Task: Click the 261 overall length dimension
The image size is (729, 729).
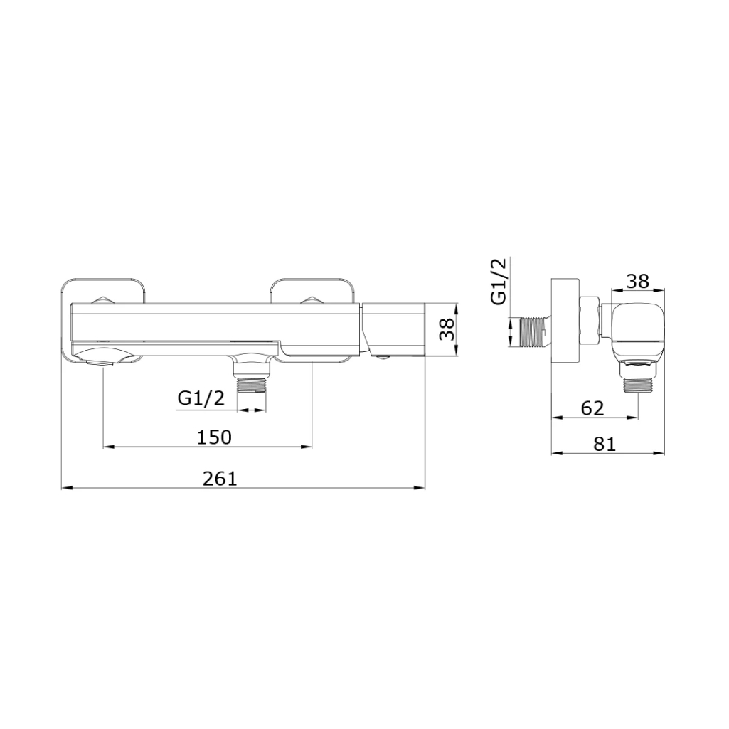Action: tap(220, 479)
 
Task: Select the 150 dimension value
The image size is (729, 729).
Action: tap(214, 437)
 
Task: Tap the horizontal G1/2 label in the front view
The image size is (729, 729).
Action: tap(201, 398)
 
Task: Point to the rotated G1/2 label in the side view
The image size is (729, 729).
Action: tap(499, 282)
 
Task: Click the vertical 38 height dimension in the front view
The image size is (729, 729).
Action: tap(447, 329)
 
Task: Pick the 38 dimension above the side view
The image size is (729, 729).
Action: tap(638, 281)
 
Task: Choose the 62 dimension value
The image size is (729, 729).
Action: tap(592, 408)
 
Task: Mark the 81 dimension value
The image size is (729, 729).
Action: tap(605, 444)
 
